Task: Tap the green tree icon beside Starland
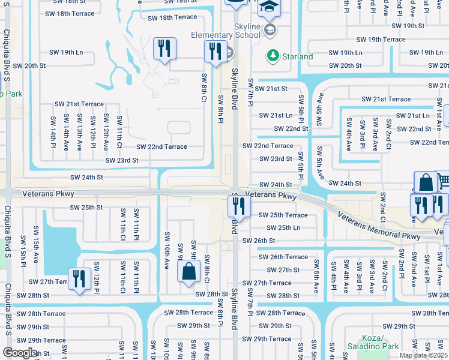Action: tap(271, 56)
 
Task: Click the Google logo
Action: tap(19, 353)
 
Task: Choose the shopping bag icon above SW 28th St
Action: tap(188, 271)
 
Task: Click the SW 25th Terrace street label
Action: tap(283, 215)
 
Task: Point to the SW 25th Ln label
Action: tap(283, 228)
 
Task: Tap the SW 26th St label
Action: tap(259, 241)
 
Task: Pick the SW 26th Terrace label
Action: tap(283, 257)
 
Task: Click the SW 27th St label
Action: tap(283, 270)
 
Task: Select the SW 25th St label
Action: tap(86, 207)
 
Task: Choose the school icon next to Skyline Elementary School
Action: tap(271, 29)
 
